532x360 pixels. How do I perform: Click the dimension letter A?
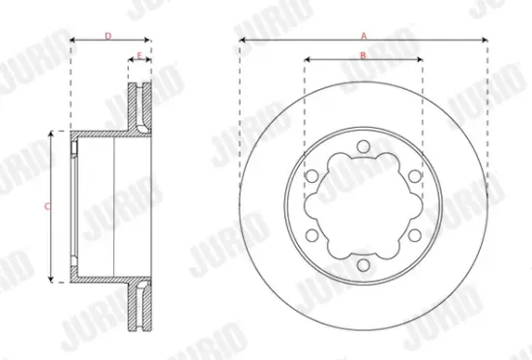[364, 34]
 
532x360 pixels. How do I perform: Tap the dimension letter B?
[363, 54]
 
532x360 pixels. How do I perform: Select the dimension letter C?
[47, 206]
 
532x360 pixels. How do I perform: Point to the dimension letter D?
[107, 35]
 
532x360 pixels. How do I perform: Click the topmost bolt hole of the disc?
[363, 146]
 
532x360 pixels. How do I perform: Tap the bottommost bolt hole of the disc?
[363, 265]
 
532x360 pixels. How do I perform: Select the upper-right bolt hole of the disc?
[414, 176]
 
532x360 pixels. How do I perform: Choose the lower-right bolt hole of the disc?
[414, 235]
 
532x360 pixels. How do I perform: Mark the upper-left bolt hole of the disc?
[311, 176]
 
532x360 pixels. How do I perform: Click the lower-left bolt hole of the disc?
[311, 235]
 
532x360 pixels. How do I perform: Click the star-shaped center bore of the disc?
[363, 206]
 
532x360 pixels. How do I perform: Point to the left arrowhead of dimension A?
[242, 40]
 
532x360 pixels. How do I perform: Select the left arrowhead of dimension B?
[307, 60]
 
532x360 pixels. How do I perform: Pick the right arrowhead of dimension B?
[420, 60]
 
